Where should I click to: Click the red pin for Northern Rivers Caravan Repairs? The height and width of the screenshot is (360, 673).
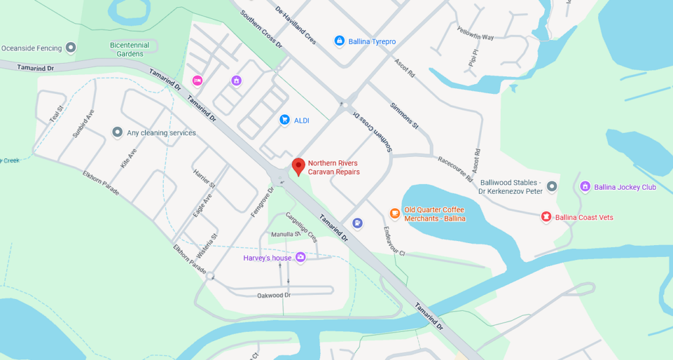point(298,166)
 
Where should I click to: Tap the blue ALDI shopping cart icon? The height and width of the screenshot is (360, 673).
point(285,120)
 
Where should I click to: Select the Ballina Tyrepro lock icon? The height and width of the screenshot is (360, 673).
point(339,41)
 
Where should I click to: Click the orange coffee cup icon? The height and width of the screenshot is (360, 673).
point(394,213)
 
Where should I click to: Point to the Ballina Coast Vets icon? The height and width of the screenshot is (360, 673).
point(545,216)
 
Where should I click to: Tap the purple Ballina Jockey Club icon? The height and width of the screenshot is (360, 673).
point(584,187)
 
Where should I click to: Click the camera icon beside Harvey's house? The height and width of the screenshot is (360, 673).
point(300,258)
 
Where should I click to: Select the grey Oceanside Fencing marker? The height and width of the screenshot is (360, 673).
point(72,47)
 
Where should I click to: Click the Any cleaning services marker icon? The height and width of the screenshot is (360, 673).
point(117,132)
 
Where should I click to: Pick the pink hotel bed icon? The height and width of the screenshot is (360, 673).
point(197,80)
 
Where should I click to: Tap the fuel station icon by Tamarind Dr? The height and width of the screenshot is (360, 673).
point(357,223)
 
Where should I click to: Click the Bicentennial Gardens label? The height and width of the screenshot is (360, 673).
point(129,49)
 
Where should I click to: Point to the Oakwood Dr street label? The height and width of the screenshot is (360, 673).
point(274,296)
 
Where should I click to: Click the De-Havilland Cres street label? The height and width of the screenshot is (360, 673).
point(296,26)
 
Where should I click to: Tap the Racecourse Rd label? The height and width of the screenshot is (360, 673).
point(455,169)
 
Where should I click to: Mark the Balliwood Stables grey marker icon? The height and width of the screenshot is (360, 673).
point(552,187)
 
